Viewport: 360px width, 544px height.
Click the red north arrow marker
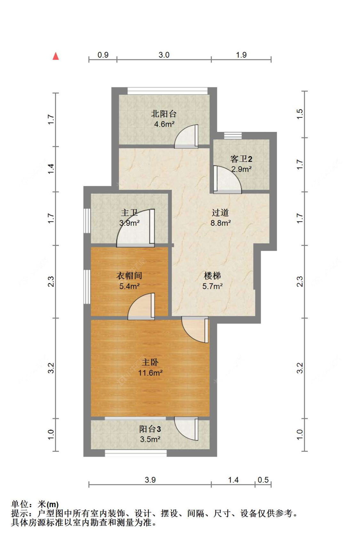click(x=56, y=56)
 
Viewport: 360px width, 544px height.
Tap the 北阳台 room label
click(x=164, y=114)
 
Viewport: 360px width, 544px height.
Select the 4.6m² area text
click(x=164, y=124)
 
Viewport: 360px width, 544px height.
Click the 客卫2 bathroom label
click(x=241, y=159)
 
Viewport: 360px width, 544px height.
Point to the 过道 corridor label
click(x=220, y=212)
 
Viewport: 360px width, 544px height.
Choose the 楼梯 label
click(x=212, y=275)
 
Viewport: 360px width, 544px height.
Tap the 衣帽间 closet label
click(x=129, y=275)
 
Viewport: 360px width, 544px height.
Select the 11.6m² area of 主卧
click(x=150, y=373)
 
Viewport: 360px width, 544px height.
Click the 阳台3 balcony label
click(x=150, y=429)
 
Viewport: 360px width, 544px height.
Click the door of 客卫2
click(x=227, y=180)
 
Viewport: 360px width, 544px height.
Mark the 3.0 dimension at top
click(x=164, y=55)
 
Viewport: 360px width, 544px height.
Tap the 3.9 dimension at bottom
click(x=150, y=480)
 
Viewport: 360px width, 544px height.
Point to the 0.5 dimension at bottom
click(x=263, y=480)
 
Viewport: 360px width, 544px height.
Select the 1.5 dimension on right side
click(x=300, y=114)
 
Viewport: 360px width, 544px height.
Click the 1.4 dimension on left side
click(x=51, y=169)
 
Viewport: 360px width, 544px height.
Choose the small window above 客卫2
click(x=233, y=135)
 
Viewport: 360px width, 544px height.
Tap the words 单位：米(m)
click(x=35, y=504)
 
